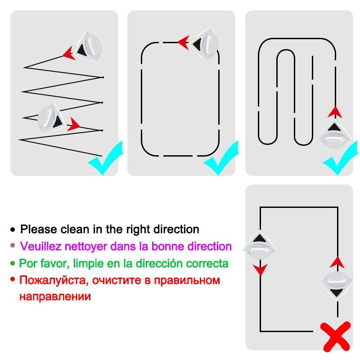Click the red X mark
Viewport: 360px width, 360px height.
[335, 336]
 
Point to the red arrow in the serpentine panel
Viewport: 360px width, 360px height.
[333, 112]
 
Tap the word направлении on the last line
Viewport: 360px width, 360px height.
[55, 297]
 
